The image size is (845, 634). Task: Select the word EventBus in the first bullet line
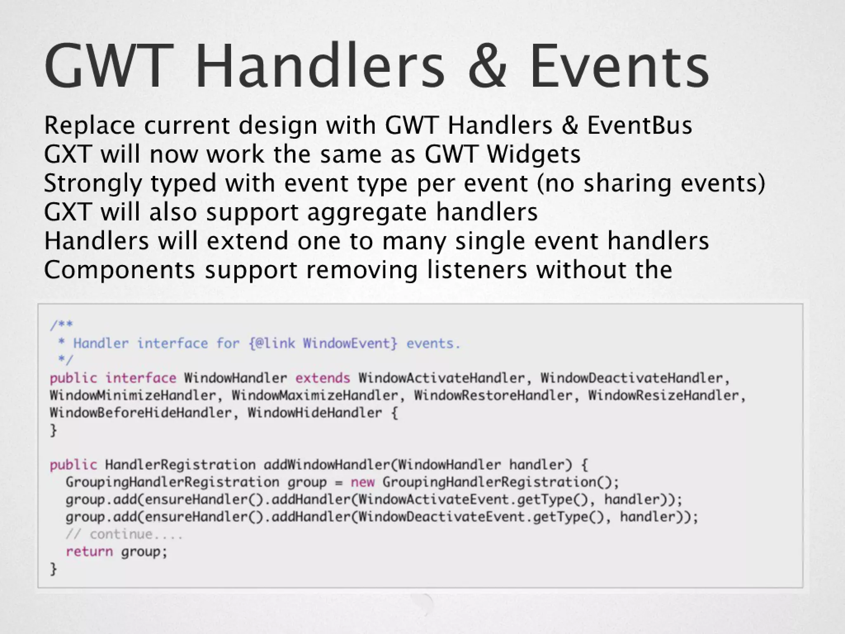pyautogui.click(x=639, y=125)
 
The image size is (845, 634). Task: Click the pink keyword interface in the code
pyautogui.click(x=141, y=378)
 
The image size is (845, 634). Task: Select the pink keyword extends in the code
pyautogui.click(x=322, y=378)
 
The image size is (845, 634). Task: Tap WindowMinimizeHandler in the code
pyautogui.click(x=133, y=395)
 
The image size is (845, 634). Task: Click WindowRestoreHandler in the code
pyautogui.click(x=493, y=395)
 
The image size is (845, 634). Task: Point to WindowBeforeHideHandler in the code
pyautogui.click(x=141, y=413)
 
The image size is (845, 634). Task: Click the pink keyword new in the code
pyautogui.click(x=363, y=482)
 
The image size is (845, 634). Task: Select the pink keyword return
pyautogui.click(x=89, y=551)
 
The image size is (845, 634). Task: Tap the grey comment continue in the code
pyautogui.click(x=124, y=534)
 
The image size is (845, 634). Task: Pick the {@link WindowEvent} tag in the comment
pyautogui.click(x=323, y=343)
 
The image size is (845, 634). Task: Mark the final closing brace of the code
pyautogui.click(x=53, y=569)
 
